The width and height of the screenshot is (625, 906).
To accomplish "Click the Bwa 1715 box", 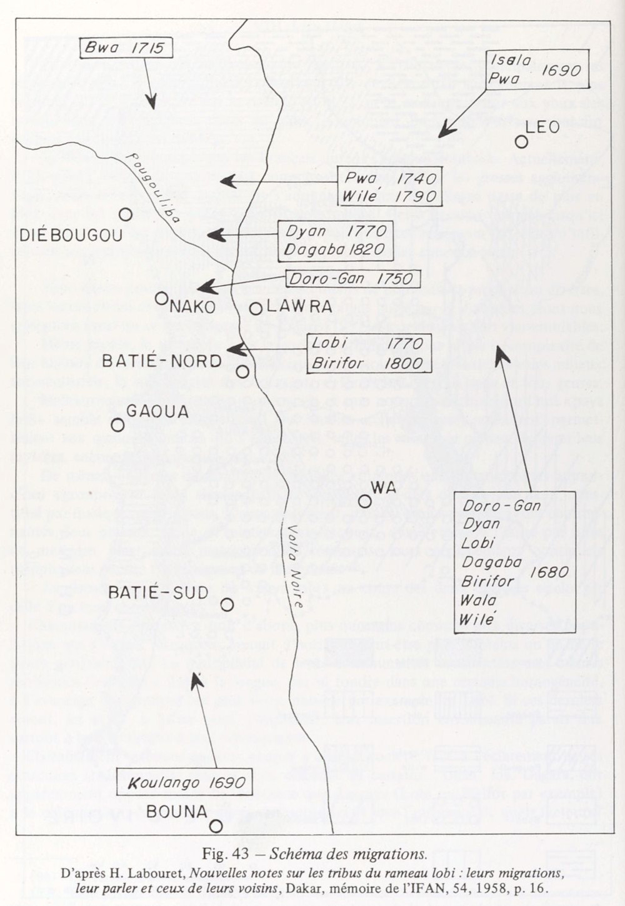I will tap(126, 47).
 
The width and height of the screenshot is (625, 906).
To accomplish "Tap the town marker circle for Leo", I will tap(521, 142).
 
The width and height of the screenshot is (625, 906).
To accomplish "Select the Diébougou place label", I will tap(71, 236).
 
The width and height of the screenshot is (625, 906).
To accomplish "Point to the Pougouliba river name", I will tap(152, 187).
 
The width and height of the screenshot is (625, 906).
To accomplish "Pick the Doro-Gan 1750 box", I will tap(352, 278).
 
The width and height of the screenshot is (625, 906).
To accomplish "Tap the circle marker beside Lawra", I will tap(256, 308).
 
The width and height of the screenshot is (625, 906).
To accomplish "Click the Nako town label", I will tap(192, 307).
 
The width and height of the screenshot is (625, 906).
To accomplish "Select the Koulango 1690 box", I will tap(184, 782).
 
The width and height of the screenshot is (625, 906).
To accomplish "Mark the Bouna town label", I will tap(177, 812).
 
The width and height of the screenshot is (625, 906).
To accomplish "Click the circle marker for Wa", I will tap(365, 500).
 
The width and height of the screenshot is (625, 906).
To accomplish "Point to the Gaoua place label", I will tap(157, 411).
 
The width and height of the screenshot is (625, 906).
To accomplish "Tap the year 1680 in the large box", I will tap(549, 572).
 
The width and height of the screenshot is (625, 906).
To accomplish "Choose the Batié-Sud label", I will tap(158, 593).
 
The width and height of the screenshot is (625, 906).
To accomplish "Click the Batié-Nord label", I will tap(162, 361).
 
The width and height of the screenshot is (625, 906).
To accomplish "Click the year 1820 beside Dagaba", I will tap(367, 249).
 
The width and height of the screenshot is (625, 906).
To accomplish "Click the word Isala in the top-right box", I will tap(511, 61).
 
